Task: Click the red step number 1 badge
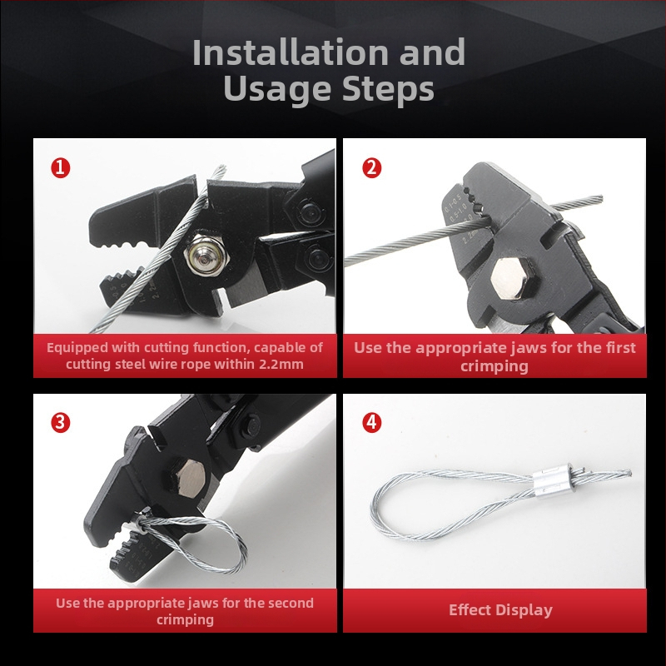[x=60, y=168]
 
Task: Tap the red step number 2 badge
[x=371, y=168]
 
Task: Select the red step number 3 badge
[x=60, y=423]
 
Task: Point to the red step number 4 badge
[x=371, y=423]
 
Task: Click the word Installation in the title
[x=290, y=52]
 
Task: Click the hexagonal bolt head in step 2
[x=511, y=279]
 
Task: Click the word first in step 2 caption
[x=619, y=348]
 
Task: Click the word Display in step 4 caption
[x=524, y=611]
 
